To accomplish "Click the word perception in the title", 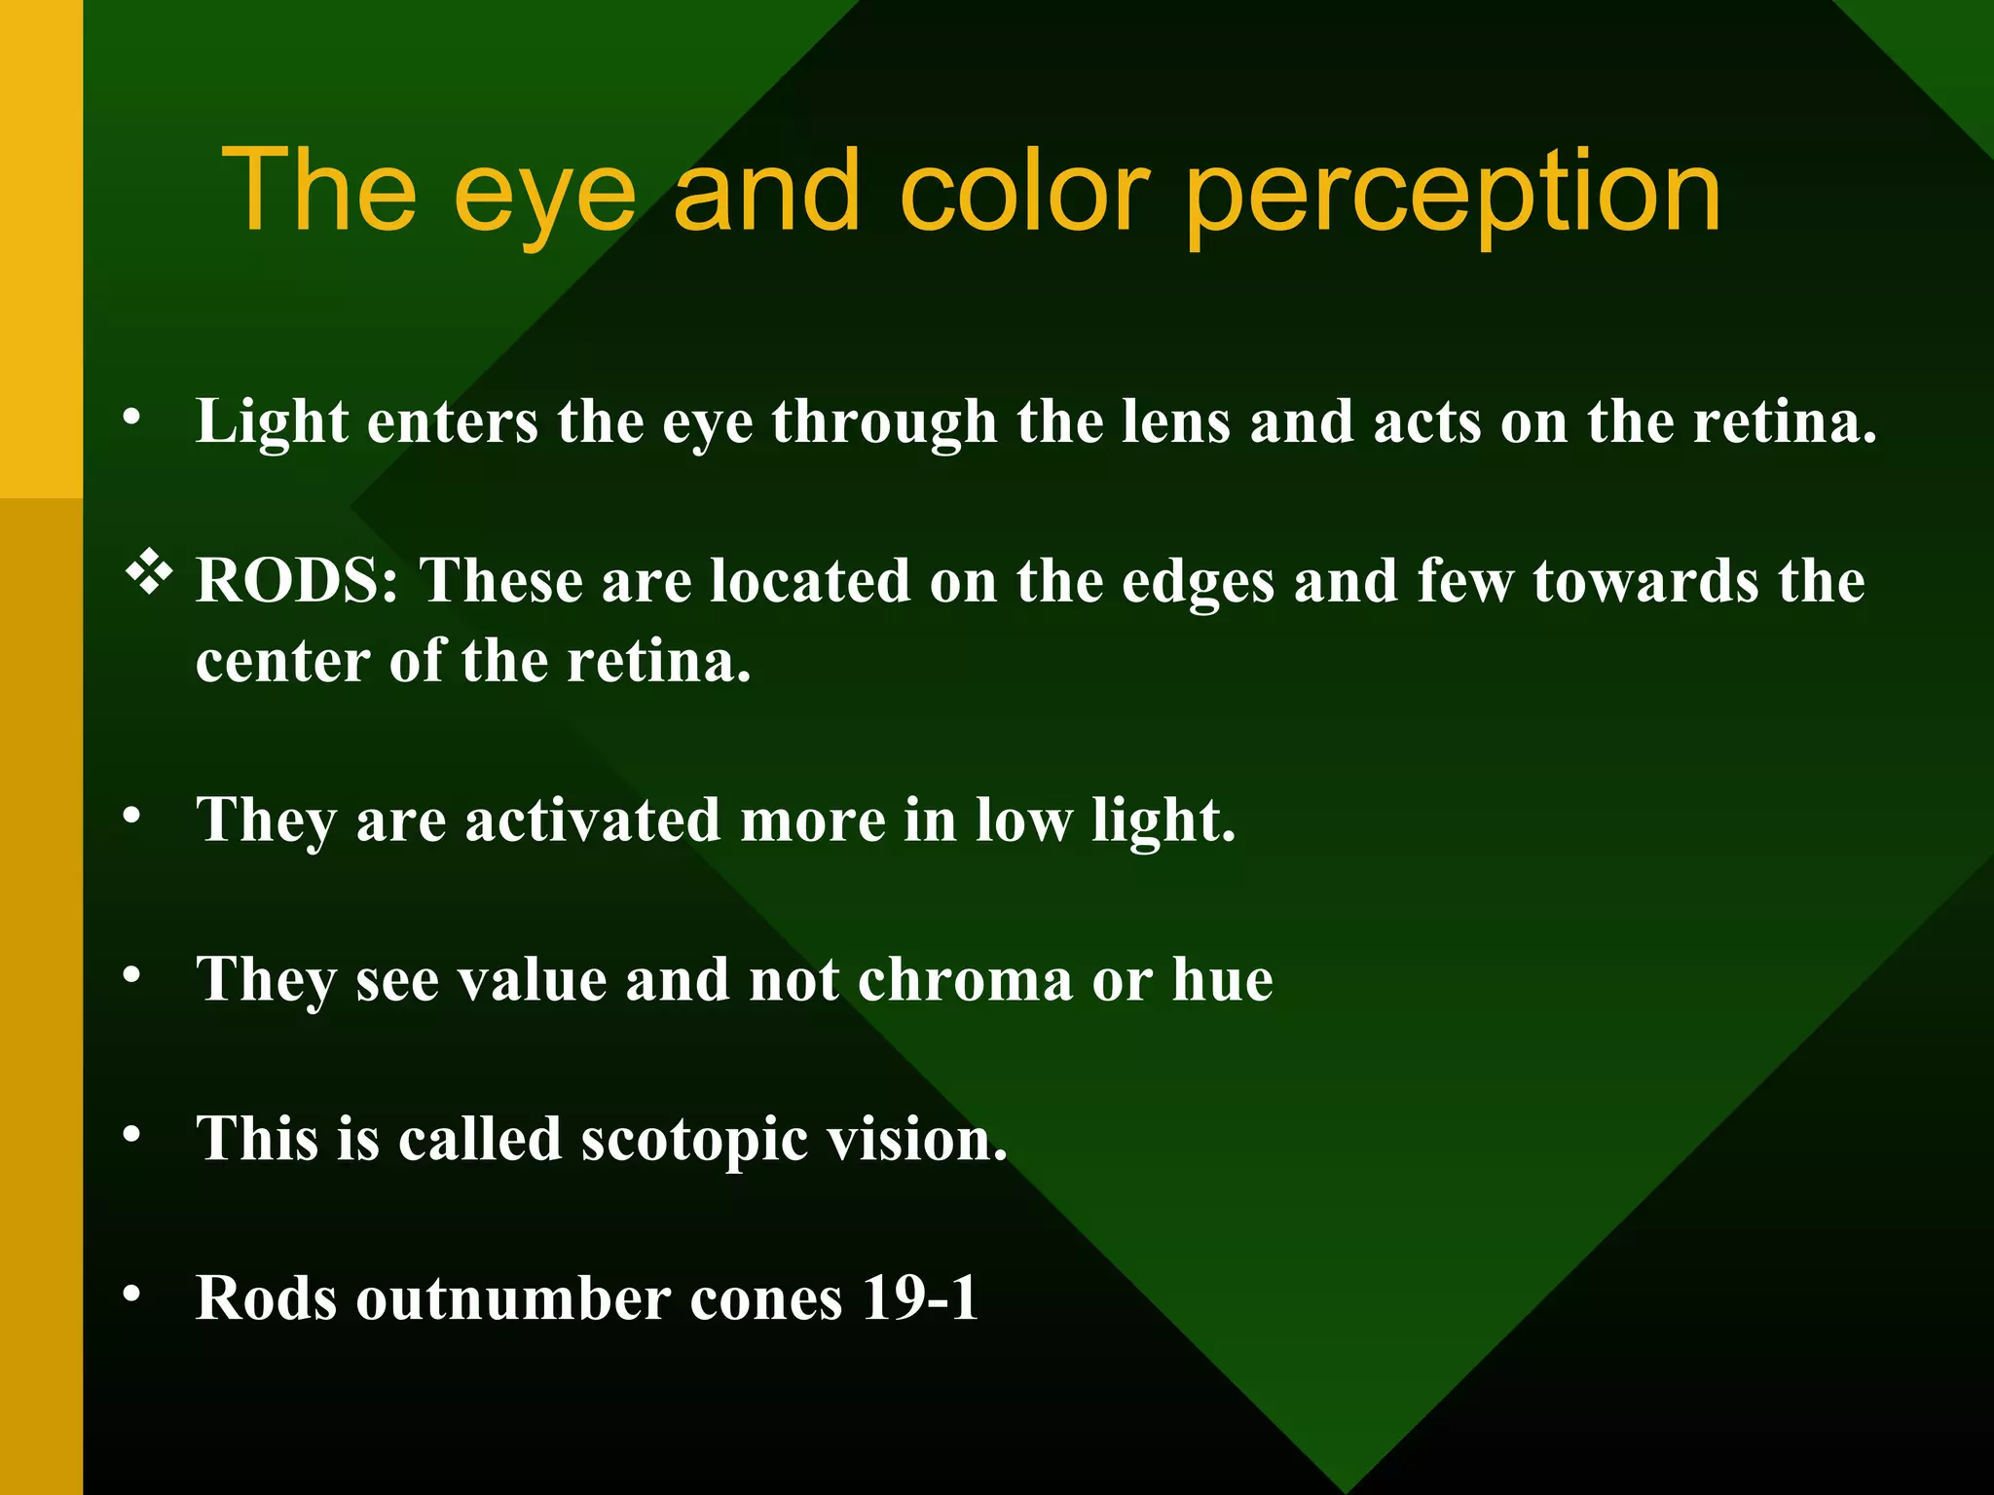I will [x=1453, y=195].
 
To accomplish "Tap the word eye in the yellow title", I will [x=544, y=200].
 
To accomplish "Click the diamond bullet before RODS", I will [x=149, y=574].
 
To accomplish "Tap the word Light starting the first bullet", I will [x=272, y=424].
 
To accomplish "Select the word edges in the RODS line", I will [x=1198, y=583].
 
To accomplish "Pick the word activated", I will [x=592, y=820].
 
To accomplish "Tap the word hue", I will [x=1222, y=980].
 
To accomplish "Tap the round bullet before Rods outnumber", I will [x=132, y=1294].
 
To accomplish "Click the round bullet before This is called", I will [x=132, y=1135].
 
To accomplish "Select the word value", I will [x=533, y=980].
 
